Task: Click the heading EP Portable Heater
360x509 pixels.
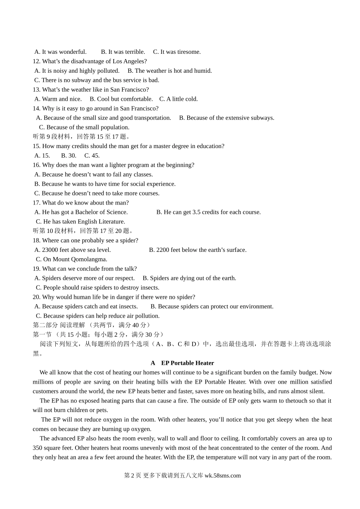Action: pyautogui.click(x=188, y=363)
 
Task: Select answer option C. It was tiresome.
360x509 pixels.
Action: pyautogui.click(x=177, y=52)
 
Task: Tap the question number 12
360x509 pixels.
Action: pyautogui.click(x=36, y=61)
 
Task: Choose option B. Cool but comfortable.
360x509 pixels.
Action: pyautogui.click(x=121, y=99)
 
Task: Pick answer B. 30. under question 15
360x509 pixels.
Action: pyautogui.click(x=69, y=156)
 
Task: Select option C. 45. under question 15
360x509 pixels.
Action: pyautogui.click(x=92, y=156)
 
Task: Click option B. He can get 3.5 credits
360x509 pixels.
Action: pyautogui.click(x=208, y=212)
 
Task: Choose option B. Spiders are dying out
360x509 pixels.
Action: pyautogui.click(x=189, y=278)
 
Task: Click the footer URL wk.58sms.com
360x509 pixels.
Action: pyautogui.click(x=222, y=476)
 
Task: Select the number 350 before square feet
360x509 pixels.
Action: pyautogui.click(x=38, y=448)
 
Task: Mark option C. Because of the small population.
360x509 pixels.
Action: pyautogui.click(x=84, y=127)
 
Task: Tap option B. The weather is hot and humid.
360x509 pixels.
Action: pyautogui.click(x=169, y=71)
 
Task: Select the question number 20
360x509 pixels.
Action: pyautogui.click(x=36, y=297)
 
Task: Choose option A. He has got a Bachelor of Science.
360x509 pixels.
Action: pyautogui.click(x=81, y=212)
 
